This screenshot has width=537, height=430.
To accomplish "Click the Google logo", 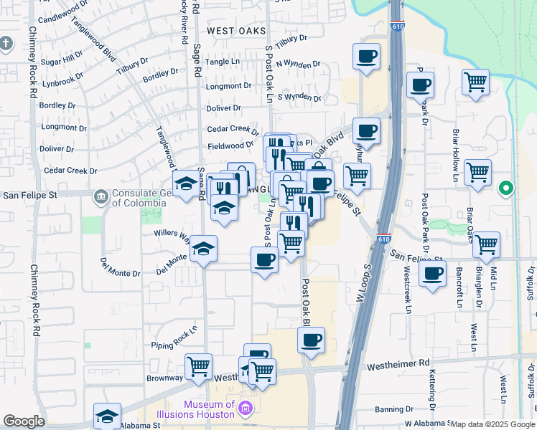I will [24, 421].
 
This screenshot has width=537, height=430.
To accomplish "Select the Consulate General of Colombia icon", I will [101, 195].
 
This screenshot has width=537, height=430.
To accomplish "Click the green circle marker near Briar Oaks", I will [506, 188].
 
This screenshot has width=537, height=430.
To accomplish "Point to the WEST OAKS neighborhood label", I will [236, 31].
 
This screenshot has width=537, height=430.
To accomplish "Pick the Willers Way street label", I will [171, 235].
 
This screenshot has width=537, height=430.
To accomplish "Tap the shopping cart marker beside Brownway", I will [198, 366].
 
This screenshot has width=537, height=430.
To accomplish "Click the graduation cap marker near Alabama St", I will [107, 415].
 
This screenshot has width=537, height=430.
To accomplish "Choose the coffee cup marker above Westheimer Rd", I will [311, 340].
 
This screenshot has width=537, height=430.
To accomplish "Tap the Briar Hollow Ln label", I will [455, 156].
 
